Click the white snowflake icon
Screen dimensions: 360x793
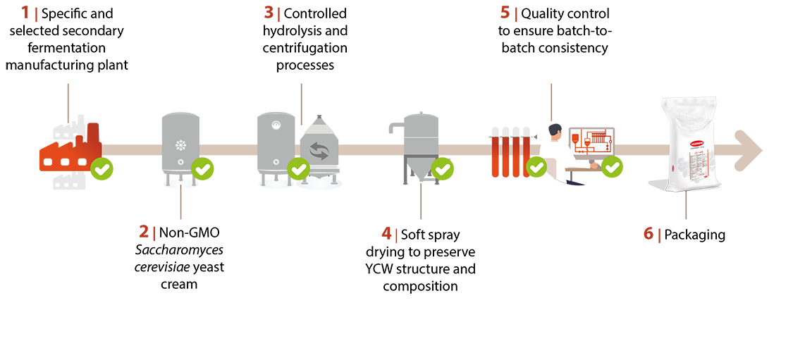click(x=181, y=146)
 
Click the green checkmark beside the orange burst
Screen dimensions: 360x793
click(x=102, y=169)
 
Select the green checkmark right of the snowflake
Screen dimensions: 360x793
click(x=202, y=169)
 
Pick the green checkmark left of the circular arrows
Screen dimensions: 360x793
click(x=299, y=169)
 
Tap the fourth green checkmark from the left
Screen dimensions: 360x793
click(x=443, y=169)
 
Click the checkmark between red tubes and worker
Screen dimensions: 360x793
click(x=536, y=168)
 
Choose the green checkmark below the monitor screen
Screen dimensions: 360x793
click(x=613, y=168)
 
